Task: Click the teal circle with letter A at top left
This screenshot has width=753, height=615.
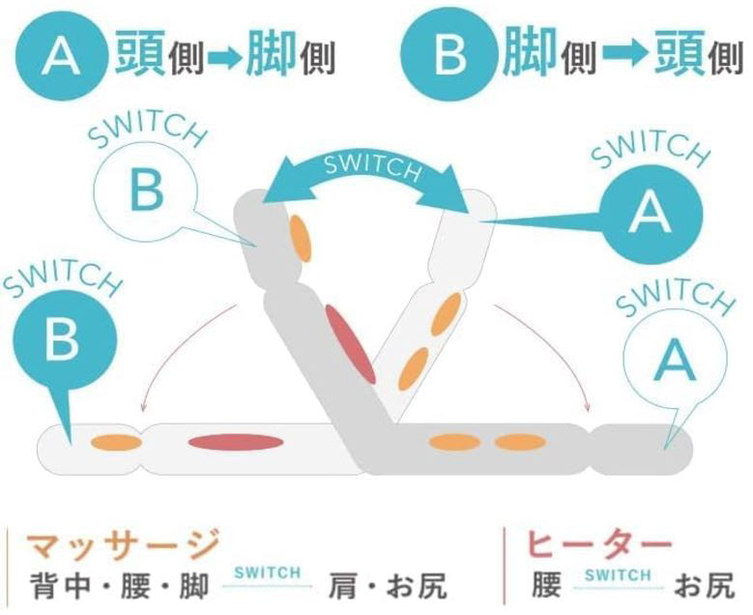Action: [x=60, y=55]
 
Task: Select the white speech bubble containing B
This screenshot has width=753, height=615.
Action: [x=147, y=192]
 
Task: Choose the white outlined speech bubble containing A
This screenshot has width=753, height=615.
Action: [x=675, y=358]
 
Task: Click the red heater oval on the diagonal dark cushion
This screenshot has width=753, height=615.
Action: [x=350, y=344]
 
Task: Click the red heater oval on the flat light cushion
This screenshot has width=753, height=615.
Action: [x=235, y=443]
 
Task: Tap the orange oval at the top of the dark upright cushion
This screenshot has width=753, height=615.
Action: [x=301, y=238]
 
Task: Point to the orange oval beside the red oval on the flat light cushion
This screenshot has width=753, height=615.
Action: [x=116, y=443]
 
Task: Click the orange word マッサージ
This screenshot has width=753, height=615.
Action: [x=124, y=545]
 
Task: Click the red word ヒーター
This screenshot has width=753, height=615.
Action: [x=599, y=545]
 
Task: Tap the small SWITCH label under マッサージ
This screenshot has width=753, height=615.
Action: [x=268, y=572]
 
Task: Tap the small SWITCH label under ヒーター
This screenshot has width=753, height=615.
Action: [x=618, y=574]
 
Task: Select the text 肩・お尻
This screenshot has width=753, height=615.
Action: [x=388, y=586]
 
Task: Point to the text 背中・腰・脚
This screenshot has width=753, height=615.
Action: [x=120, y=586]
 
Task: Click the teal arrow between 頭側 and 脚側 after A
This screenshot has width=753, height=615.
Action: [x=225, y=58]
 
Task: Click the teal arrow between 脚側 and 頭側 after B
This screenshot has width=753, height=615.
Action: [x=624, y=54]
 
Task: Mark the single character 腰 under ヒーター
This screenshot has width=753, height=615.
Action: [x=546, y=586]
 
